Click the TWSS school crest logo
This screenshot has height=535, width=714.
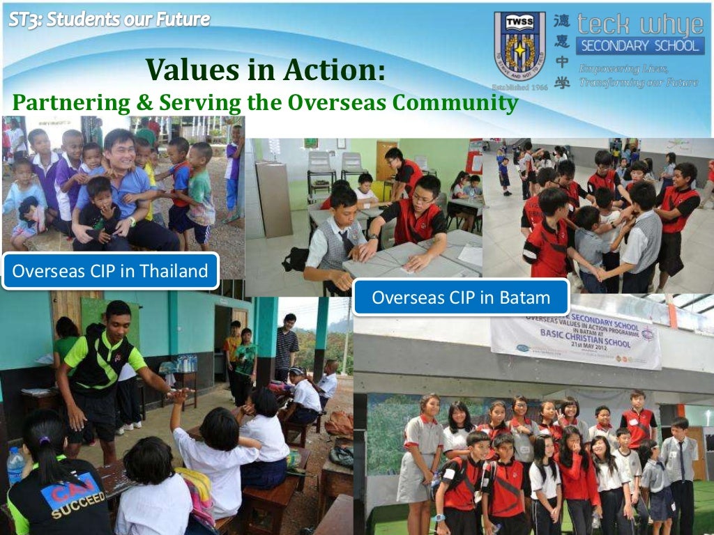click(x=519, y=47)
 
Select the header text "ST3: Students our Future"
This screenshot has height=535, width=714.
click(x=109, y=20)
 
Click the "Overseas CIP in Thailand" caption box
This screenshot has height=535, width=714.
click(x=110, y=271)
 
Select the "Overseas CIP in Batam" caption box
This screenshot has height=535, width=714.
click(x=461, y=297)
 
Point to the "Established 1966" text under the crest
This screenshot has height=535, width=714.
click(x=519, y=88)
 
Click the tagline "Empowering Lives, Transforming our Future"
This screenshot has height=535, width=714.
click(x=638, y=75)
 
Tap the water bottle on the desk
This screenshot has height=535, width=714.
click(x=15, y=465)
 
